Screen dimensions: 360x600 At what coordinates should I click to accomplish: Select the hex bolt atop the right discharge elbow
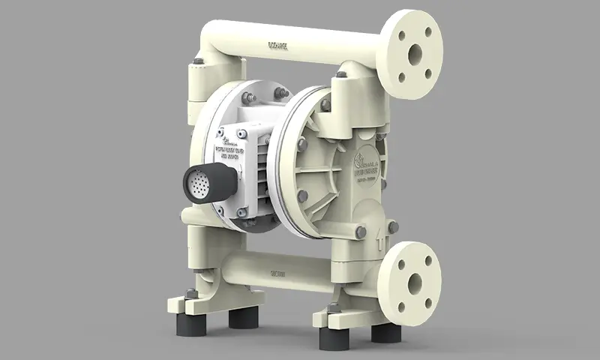[x=341, y=73]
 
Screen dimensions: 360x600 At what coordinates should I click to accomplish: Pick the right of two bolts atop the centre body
[x=280, y=92]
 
